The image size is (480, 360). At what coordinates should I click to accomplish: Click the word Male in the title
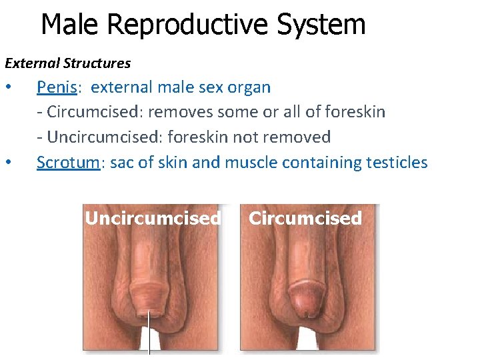(x=69, y=25)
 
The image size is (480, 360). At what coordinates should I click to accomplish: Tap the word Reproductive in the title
(x=186, y=25)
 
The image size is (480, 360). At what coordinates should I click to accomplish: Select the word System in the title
(x=321, y=25)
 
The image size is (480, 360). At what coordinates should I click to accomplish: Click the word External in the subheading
(x=32, y=63)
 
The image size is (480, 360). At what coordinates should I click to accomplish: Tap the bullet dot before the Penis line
(x=8, y=88)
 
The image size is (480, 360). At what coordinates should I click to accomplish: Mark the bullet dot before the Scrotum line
(x=8, y=163)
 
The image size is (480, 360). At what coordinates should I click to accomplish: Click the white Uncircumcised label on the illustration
(x=153, y=219)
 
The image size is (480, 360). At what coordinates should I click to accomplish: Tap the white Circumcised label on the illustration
(x=305, y=219)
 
